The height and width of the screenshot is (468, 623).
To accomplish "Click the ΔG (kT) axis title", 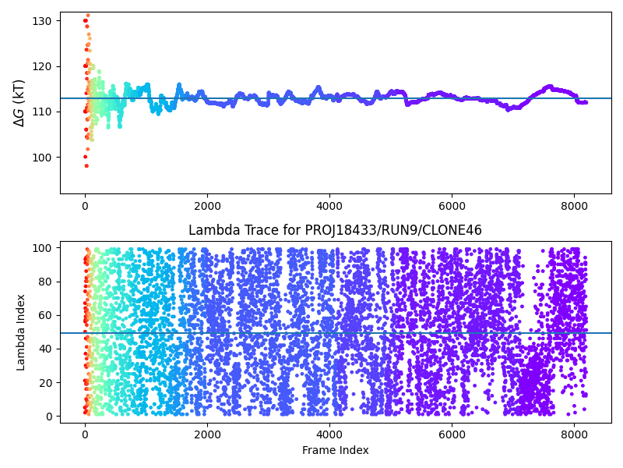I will (x=19, y=102).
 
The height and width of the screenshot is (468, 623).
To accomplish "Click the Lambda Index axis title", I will (x=21, y=332).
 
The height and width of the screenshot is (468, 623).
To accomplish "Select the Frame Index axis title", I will (x=335, y=450).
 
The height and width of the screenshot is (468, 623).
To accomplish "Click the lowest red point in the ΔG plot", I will (x=86, y=165).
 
